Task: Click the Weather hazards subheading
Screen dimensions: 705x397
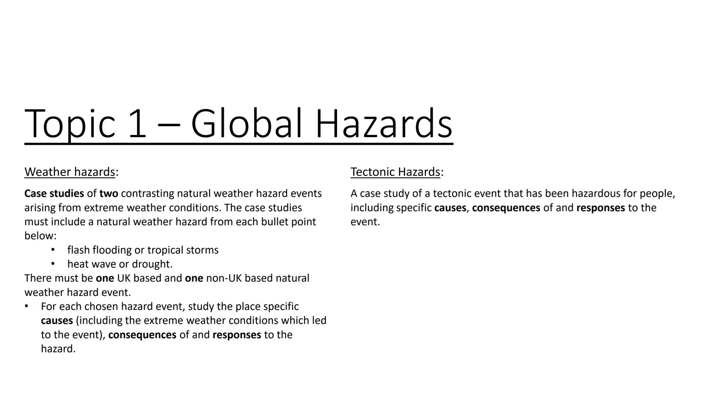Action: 70,172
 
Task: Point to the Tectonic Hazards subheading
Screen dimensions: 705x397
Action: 395,172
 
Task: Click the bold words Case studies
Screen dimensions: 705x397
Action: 54,193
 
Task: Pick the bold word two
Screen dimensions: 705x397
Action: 109,193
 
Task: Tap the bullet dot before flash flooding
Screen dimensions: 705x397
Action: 53,250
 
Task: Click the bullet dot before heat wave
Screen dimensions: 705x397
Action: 53,264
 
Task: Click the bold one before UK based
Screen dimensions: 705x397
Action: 105,278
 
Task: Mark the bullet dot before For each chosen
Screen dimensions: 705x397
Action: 26,306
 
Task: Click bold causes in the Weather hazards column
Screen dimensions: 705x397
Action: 57,321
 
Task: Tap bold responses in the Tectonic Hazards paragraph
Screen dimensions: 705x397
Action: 601,208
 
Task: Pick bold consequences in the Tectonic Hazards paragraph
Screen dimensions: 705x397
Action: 506,208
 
